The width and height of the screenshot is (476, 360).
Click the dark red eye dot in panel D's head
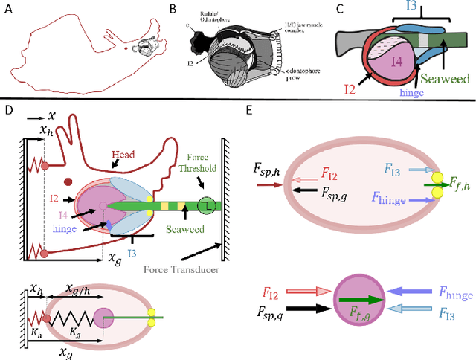68,181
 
